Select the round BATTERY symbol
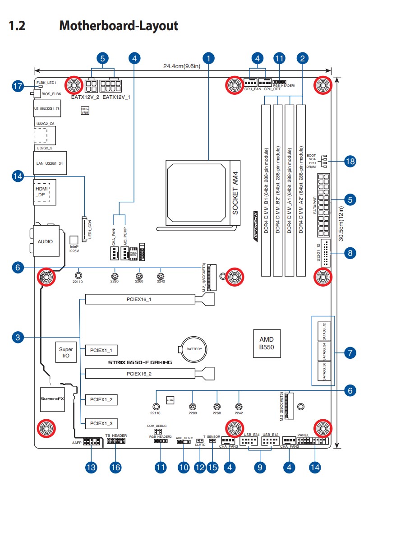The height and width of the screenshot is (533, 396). (194, 349)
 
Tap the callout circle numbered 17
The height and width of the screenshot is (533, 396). (18, 86)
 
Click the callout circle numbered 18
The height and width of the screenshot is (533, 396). (350, 161)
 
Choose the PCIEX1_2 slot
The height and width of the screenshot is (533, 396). (101, 399)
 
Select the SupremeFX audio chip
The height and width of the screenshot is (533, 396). (52, 399)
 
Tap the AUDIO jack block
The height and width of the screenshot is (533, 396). (45, 241)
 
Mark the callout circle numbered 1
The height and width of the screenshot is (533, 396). (208, 58)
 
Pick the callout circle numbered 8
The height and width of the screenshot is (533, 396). (350, 253)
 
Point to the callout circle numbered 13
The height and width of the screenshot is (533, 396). (92, 468)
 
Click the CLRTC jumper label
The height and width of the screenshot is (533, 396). (200, 445)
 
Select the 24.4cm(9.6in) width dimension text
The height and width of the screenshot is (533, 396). (181, 66)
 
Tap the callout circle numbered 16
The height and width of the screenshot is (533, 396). (116, 468)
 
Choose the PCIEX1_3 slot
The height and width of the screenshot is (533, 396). (101, 423)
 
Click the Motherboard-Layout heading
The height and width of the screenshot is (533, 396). (119, 26)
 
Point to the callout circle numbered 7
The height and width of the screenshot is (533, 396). (350, 352)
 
